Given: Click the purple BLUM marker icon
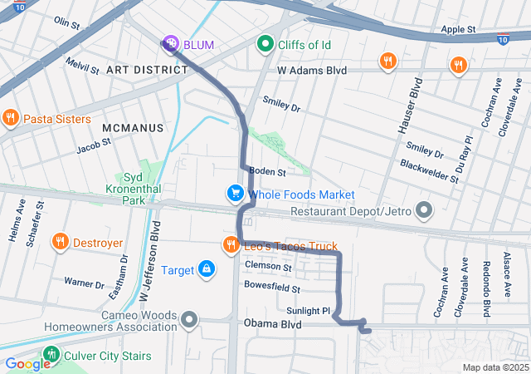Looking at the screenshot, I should click(x=169, y=42).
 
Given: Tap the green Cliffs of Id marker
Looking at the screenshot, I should click(x=265, y=42).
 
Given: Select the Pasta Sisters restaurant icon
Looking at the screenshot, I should click(x=11, y=119).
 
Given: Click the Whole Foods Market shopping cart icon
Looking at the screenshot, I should click(x=236, y=194).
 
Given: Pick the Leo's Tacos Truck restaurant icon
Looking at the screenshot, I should click(x=230, y=246).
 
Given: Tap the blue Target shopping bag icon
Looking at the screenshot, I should click(x=205, y=269).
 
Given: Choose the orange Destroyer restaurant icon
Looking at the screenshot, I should click(x=60, y=243).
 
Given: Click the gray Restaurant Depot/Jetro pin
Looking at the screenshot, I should click(x=424, y=211).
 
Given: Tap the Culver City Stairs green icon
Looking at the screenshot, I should click(x=51, y=356).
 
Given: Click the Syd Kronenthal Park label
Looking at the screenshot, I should click(x=122, y=189).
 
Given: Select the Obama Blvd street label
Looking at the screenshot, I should click(x=272, y=323).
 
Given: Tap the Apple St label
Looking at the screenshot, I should click(x=458, y=29).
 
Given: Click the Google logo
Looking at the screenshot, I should click(x=27, y=363).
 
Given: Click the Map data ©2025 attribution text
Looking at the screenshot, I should click(x=494, y=367).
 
